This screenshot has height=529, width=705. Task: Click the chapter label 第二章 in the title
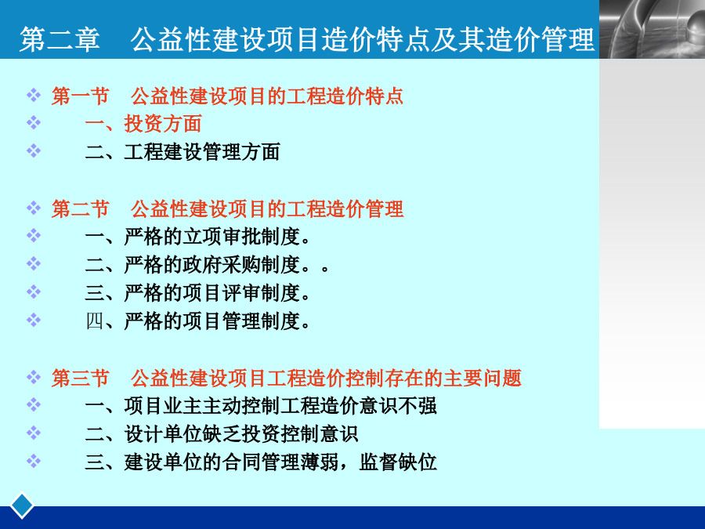point(60,40)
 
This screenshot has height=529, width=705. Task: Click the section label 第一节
point(81,96)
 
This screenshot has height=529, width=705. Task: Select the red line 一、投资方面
point(143,124)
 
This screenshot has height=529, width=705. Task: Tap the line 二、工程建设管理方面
point(183,151)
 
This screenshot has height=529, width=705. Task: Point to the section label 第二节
point(81,209)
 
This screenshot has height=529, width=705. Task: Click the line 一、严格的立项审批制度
point(197,237)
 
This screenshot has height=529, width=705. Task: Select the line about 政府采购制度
point(207,265)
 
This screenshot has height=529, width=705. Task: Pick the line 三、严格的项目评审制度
point(197,293)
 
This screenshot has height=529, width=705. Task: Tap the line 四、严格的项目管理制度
point(197,321)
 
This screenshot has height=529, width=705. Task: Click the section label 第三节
point(81,379)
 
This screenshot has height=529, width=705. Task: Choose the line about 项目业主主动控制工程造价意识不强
point(261,406)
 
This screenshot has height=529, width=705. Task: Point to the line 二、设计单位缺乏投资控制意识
point(222,434)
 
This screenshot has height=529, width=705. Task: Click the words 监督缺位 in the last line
point(398,462)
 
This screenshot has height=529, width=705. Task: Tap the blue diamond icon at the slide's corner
point(22,505)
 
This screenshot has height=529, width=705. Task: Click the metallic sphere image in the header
point(652,29)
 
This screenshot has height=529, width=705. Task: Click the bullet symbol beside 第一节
point(34,95)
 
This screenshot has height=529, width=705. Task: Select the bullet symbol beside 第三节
point(34,377)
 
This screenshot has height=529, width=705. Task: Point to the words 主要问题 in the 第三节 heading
point(483,379)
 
